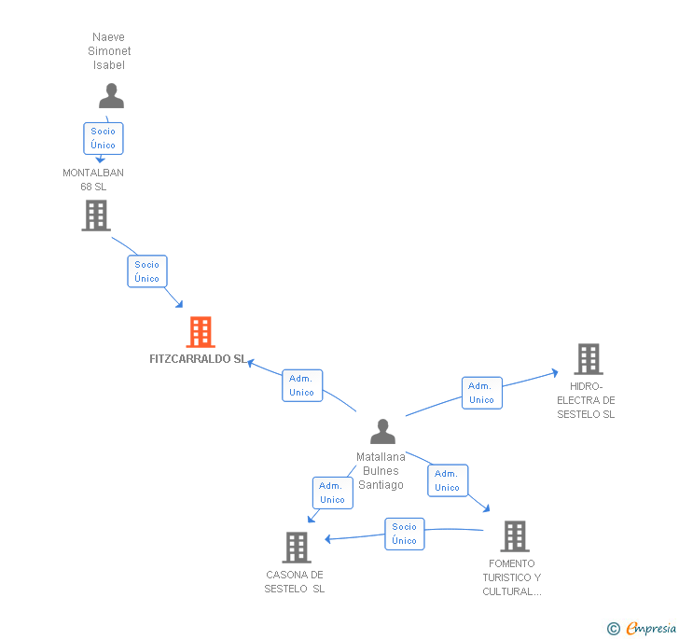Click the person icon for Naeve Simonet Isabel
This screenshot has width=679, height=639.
(x=111, y=96)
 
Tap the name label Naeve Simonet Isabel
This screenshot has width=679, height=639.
(x=109, y=51)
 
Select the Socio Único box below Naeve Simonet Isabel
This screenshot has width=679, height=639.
(x=104, y=138)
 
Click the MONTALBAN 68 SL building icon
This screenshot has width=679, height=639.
(x=95, y=215)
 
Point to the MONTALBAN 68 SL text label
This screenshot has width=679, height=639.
(x=93, y=179)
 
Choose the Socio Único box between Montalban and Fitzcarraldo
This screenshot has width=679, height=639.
(x=147, y=271)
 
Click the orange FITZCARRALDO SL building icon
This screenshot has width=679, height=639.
(x=201, y=332)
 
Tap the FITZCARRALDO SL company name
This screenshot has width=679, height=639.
(x=198, y=359)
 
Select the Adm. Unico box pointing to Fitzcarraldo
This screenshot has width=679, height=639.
(x=302, y=385)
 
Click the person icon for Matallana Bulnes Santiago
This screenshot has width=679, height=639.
(x=382, y=432)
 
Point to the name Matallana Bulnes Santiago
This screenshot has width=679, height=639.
(x=381, y=471)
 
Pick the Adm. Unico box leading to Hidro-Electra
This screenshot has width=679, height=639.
(x=481, y=393)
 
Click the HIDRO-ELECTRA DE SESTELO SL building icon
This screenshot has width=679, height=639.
(x=588, y=359)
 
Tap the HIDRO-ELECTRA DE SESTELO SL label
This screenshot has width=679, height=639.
(x=586, y=400)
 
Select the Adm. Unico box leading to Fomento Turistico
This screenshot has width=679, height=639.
(x=448, y=480)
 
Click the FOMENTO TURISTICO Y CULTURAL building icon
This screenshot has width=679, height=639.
(x=514, y=536)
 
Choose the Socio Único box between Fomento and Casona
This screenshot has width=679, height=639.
(x=405, y=534)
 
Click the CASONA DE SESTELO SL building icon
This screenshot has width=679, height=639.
(x=297, y=548)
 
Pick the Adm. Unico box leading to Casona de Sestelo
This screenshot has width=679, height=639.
(x=332, y=493)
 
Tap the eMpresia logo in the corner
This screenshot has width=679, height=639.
(x=643, y=628)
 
